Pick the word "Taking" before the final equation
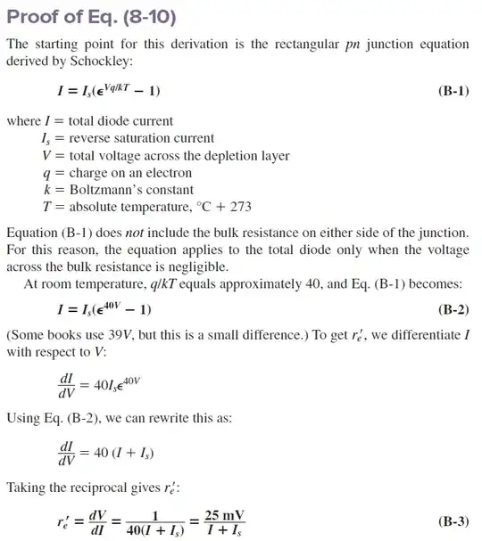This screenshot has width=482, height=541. pos(27,487)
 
